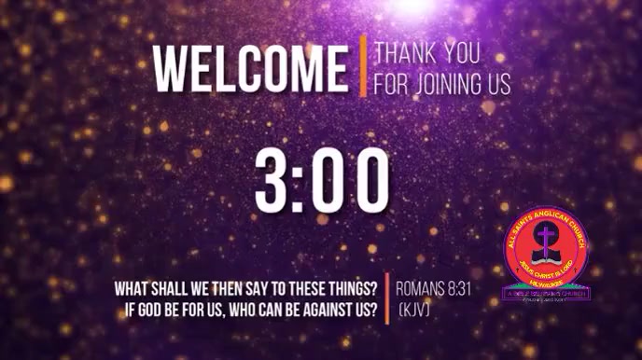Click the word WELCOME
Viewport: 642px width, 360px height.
tap(250, 67)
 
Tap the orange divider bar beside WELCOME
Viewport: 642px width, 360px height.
tap(363, 65)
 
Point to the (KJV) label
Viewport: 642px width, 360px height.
tap(413, 308)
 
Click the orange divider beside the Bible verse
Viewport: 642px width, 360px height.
tap(387, 298)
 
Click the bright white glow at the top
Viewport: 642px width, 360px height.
tap(412, 5)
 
